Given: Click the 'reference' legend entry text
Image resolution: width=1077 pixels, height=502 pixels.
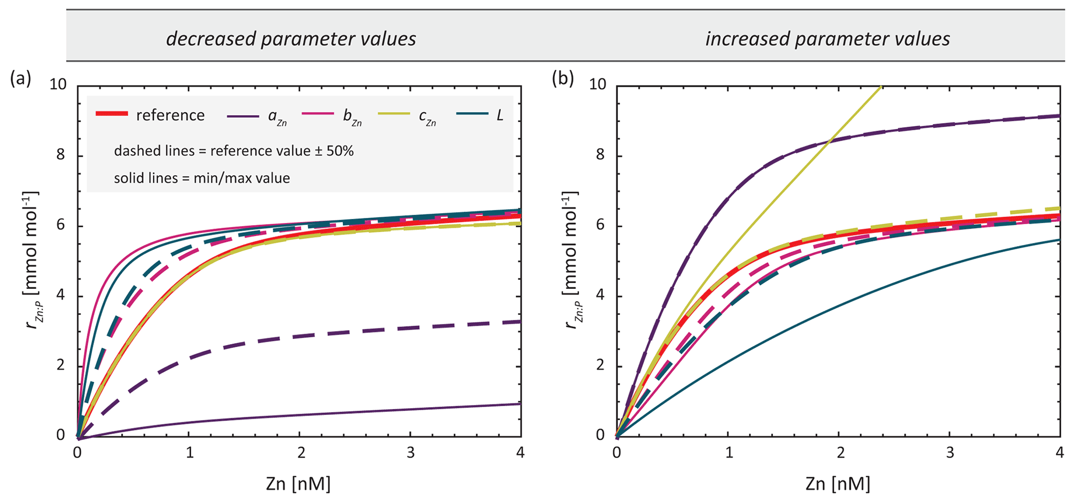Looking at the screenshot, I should (170, 115).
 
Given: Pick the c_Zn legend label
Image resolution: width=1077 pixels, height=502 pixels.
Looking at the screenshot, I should (427, 117).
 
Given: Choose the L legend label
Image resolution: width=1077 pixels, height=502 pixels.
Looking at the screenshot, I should (500, 115).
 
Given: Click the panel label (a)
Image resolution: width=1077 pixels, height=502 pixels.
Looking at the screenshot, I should (20, 78).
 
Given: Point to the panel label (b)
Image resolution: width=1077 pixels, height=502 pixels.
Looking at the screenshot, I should (563, 78).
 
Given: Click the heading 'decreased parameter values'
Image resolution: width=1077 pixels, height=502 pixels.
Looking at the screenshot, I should (291, 39).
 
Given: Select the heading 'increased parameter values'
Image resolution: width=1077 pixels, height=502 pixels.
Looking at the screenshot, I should (827, 39).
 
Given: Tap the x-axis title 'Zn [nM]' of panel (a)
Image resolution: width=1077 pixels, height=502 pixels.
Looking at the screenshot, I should (298, 484).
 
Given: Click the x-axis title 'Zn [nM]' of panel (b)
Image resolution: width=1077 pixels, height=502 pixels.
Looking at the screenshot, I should (838, 484).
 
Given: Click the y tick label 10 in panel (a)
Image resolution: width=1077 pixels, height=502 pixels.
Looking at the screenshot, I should (58, 85).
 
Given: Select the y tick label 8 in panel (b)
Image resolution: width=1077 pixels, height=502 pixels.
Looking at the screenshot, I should (603, 155).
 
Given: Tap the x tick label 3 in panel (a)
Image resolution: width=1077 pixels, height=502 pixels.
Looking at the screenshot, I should (411, 452).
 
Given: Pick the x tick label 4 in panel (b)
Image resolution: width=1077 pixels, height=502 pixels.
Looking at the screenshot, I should (1059, 452).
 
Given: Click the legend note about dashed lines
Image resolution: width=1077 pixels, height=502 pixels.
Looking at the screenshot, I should (234, 151).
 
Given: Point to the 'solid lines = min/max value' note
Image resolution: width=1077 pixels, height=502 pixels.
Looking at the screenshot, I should (202, 178).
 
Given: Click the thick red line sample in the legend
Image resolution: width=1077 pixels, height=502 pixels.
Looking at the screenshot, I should (112, 114).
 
